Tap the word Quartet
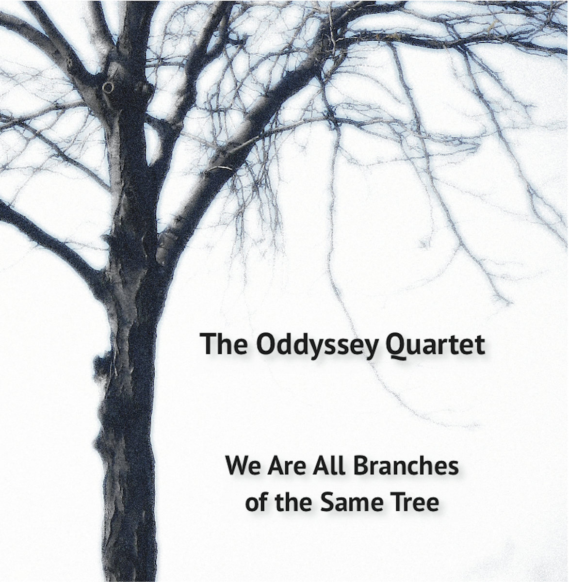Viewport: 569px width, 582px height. (435, 346)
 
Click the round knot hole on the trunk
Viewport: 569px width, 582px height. (108, 88)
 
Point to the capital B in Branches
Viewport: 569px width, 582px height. (361, 466)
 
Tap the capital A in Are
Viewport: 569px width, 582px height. (277, 466)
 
